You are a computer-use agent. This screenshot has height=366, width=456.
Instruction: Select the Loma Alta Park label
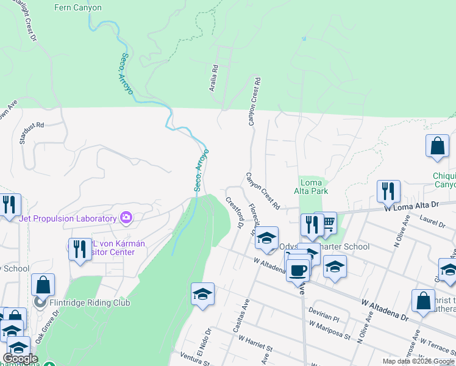click(x=314, y=187)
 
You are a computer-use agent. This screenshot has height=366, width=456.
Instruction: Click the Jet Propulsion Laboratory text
click(x=68, y=218)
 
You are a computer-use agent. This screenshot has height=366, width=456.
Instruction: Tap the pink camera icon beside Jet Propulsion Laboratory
click(x=126, y=217)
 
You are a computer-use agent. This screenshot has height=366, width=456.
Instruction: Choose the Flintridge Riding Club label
click(x=91, y=301)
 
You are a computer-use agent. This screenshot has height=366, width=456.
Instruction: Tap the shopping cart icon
click(x=328, y=223)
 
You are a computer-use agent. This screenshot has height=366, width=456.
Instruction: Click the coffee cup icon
click(x=298, y=269)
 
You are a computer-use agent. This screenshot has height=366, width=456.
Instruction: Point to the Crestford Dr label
click(x=234, y=212)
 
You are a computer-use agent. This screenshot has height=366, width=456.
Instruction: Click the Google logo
click(x=21, y=359)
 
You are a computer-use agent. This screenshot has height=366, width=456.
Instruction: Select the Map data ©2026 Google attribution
click(x=418, y=361)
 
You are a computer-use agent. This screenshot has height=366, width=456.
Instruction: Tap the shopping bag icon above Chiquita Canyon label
click(x=437, y=146)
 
